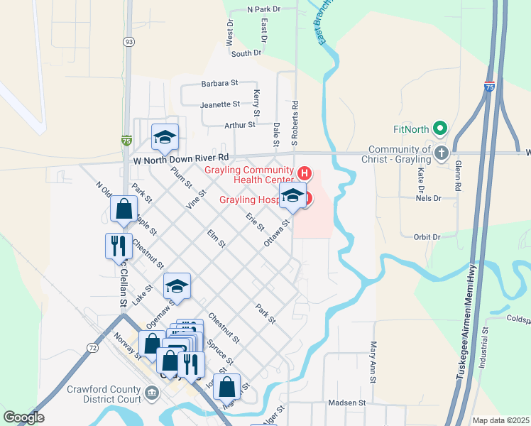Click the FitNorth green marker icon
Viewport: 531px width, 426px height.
tap(440, 130)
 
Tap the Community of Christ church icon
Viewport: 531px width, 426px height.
tap(441, 153)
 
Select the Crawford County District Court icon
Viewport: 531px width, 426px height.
tap(151, 393)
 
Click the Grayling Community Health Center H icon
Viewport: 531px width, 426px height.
tap(305, 173)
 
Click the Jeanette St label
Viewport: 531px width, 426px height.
tap(221, 104)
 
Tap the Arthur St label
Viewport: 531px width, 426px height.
tap(239, 125)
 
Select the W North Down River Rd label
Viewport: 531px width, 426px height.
tap(181, 159)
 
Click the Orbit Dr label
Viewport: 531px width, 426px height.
tap(427, 236)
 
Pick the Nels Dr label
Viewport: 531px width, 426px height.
tap(429, 198)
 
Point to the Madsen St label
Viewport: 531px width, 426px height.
tap(346, 403)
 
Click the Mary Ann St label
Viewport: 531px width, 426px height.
tap(372, 361)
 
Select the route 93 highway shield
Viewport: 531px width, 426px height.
tap(128, 42)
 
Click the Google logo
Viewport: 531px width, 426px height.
tap(23, 417)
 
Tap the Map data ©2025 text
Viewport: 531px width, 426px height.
tap(500, 420)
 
